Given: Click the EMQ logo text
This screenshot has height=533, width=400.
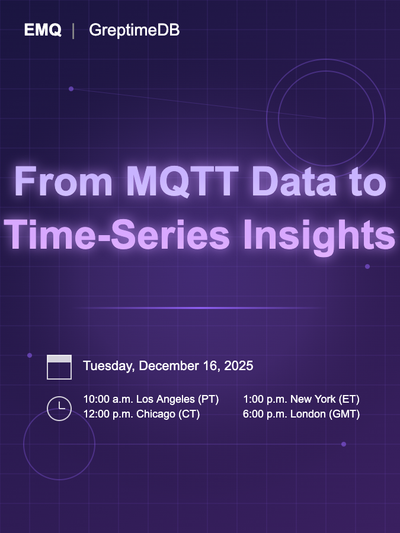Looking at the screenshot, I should pyautogui.click(x=43, y=30).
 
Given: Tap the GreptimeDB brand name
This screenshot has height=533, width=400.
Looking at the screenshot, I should pyautogui.click(x=134, y=31).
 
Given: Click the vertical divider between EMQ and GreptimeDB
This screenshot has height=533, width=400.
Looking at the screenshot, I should pyautogui.click(x=73, y=31).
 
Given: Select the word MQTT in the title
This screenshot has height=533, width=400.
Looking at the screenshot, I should pyautogui.click(x=176, y=182).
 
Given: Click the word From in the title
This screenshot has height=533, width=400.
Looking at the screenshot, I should pyautogui.click(x=63, y=182).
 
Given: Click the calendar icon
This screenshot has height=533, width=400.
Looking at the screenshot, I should pyautogui.click(x=59, y=367).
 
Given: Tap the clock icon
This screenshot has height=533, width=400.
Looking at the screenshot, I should pyautogui.click(x=59, y=408).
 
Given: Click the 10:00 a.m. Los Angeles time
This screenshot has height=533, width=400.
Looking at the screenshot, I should pyautogui.click(x=151, y=399).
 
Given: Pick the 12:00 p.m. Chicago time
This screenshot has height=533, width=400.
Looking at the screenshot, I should pyautogui.click(x=141, y=415).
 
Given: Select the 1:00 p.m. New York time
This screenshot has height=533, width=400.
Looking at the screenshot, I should pyautogui.click(x=301, y=399).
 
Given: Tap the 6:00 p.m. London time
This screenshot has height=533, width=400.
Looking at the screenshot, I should pyautogui.click(x=301, y=415).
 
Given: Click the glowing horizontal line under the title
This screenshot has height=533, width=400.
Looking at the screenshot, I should pyautogui.click(x=200, y=308).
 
